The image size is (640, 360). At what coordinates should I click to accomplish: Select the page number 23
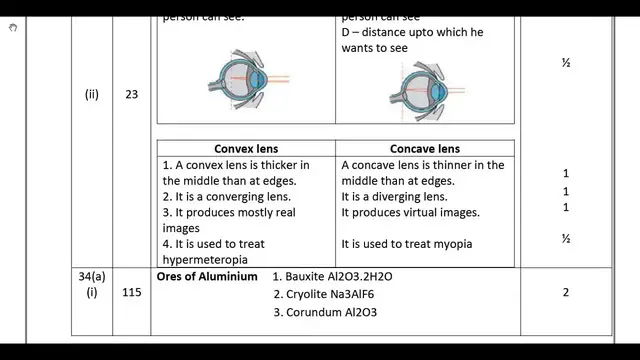pos(131,95)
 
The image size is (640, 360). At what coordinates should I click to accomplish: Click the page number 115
pos(131,294)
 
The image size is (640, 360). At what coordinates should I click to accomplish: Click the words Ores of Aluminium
pos(207,275)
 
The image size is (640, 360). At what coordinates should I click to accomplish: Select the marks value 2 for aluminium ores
pos(566,293)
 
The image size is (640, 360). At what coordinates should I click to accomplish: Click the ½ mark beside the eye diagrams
pos(566,62)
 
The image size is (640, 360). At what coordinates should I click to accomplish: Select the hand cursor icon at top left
pos(13,27)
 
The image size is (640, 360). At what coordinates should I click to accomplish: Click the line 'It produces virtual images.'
pos(411,213)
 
